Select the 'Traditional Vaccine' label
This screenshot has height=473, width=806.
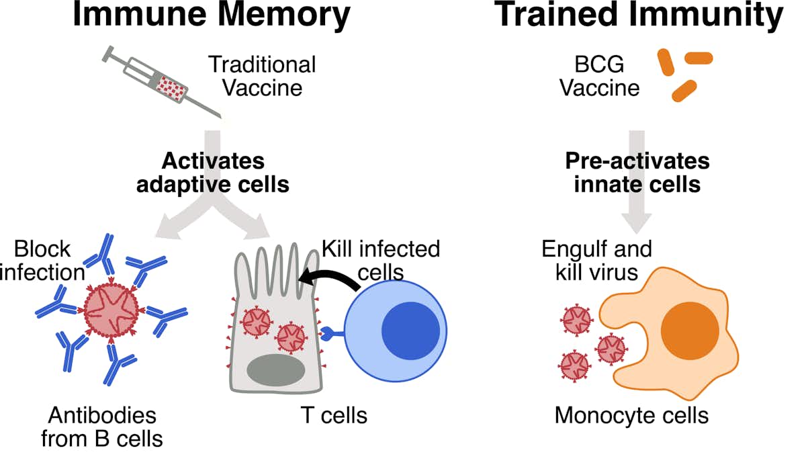coord(262,76)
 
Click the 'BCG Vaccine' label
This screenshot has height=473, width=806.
coord(600,76)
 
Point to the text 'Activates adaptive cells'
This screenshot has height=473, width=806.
coord(213,173)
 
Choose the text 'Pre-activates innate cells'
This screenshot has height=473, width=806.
coord(637,173)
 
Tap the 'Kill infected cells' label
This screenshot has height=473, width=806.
coord(380,260)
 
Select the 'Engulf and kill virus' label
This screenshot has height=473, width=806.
coord(596,261)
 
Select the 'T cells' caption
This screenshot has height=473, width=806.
coord(334,415)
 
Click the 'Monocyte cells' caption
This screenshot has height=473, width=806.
coord(631,415)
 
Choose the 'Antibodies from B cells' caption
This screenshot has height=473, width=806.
coord(102,427)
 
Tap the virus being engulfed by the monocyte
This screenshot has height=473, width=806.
coord(611,348)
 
